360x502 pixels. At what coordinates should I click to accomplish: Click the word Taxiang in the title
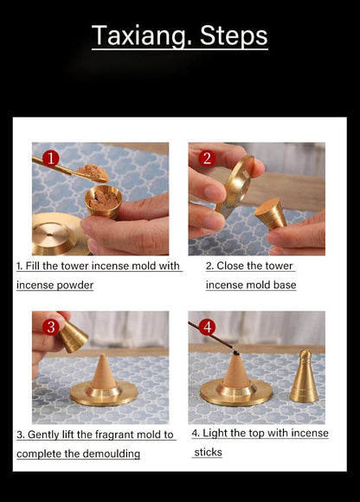click(x=143, y=36)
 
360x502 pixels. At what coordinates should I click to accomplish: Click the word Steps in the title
click(x=234, y=36)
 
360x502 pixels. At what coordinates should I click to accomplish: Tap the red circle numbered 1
click(x=50, y=158)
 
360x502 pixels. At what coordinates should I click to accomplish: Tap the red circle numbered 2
click(x=207, y=158)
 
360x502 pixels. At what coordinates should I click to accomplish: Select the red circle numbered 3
click(x=50, y=327)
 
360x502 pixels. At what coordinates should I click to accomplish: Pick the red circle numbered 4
click(x=207, y=327)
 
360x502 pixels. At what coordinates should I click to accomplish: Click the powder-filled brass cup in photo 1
click(x=103, y=202)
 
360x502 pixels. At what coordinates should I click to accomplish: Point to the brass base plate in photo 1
click(x=59, y=234)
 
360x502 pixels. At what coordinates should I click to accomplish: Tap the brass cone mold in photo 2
click(x=271, y=214)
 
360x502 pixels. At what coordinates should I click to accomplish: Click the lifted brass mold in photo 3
click(x=72, y=336)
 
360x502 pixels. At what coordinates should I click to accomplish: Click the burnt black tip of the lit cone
click(x=236, y=353)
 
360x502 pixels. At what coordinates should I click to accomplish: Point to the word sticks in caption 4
click(x=208, y=453)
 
